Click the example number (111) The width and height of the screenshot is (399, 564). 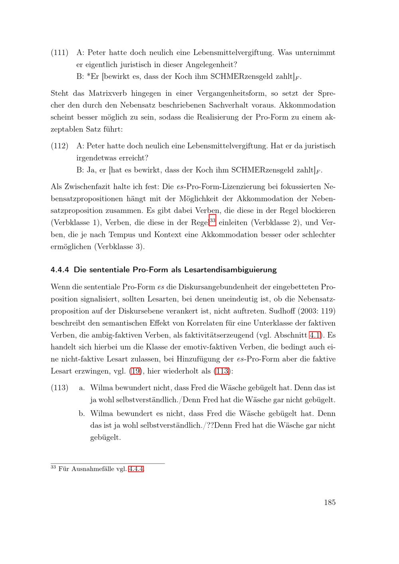pos(59,53)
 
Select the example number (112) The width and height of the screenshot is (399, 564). pos(59,146)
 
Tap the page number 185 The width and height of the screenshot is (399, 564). pos(330,502)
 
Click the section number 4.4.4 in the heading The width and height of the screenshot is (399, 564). pos(60,269)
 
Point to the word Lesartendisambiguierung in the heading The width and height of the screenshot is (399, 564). pos(230,269)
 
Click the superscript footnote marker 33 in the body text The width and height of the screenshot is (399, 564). pos(212,220)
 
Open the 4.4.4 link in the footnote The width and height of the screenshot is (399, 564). pos(136,469)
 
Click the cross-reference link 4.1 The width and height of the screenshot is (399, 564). pos(316,335)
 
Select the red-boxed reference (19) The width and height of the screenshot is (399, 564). pos(136,371)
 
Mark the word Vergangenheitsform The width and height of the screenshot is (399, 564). pos(231,93)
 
